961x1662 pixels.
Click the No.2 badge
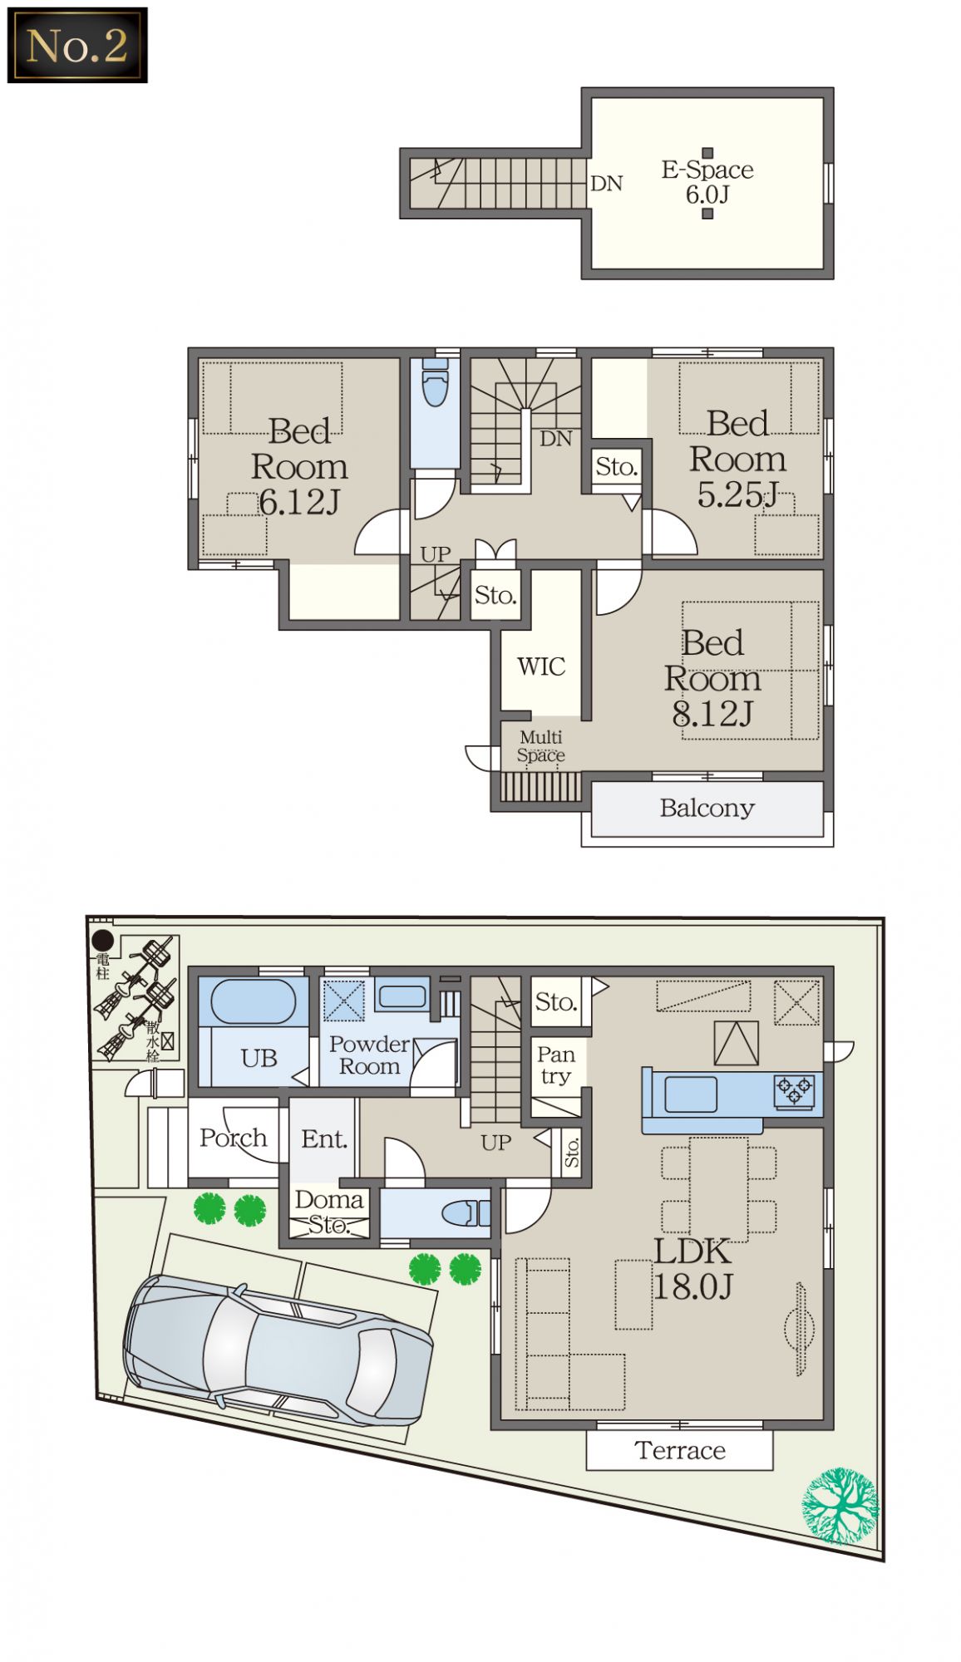click(77, 45)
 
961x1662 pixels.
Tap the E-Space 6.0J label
click(707, 182)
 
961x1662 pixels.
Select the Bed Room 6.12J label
click(299, 467)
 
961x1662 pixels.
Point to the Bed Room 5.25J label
click(737, 459)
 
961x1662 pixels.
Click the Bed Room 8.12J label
click(712, 678)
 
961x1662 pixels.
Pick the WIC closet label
click(541, 666)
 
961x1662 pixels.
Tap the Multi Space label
click(541, 746)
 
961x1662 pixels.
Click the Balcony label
click(707, 808)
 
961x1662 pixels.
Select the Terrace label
click(680, 1450)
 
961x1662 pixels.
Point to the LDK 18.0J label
click(692, 1269)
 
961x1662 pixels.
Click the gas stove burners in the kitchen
click(794, 1090)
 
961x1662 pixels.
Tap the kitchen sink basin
click(691, 1094)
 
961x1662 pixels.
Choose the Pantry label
click(556, 1065)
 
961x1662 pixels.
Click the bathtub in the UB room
click(253, 1001)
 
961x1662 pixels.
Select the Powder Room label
click(369, 1055)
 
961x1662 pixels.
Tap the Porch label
click(234, 1138)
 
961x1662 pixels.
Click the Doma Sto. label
click(329, 1212)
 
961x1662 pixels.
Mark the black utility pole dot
click(102, 941)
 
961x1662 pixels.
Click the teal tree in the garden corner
click(840, 1506)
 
